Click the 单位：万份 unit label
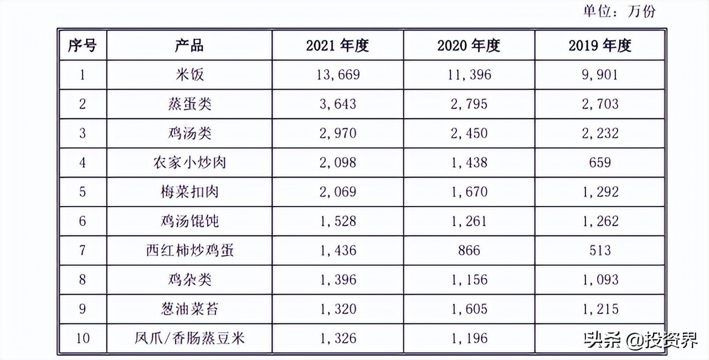coord(618,11)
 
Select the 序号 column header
coord(82,45)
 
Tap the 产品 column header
coord(189,45)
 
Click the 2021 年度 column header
coord(337,45)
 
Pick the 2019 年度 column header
coord(600,45)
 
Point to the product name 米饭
coord(189,75)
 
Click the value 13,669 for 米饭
coord(337,75)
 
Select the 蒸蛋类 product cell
coord(189,104)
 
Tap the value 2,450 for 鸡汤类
coord(469,133)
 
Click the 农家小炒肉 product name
coord(189,163)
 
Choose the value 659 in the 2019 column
coord(600,163)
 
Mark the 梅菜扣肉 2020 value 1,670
coord(469,192)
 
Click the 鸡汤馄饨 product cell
coord(189,222)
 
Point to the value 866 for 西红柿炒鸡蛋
coord(469,251)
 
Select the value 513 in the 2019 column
coord(600,251)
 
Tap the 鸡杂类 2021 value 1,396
coord(337,280)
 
